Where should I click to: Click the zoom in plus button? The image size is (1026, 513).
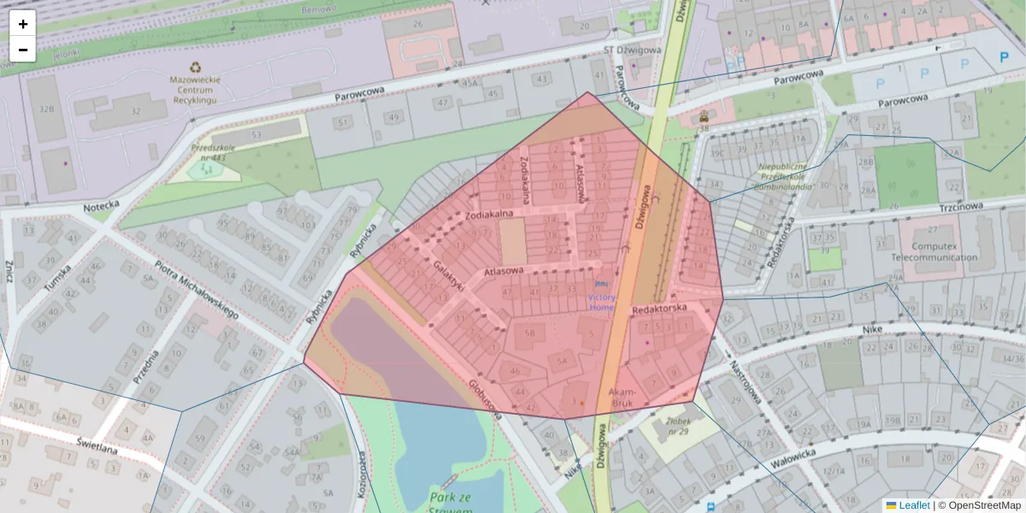pyautogui.click(x=23, y=24)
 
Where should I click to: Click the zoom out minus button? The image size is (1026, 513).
pyautogui.click(x=23, y=50)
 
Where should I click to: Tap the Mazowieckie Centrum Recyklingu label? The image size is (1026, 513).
pyautogui.click(x=196, y=89)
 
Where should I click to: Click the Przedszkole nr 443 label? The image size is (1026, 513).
pyautogui.click(x=208, y=151)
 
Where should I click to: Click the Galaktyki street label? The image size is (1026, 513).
pyautogui.click(x=447, y=276)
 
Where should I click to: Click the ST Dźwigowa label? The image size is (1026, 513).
pyautogui.click(x=633, y=50)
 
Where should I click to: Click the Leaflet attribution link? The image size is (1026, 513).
pyautogui.click(x=913, y=505)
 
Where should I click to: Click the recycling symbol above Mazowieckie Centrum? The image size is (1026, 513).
pyautogui.click(x=196, y=66)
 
